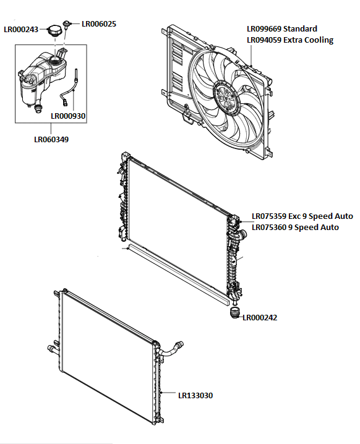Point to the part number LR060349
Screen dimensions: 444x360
pyautogui.click(x=51, y=140)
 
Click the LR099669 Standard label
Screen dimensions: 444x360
pyautogui.click(x=281, y=29)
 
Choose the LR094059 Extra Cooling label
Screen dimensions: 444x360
pyautogui.click(x=289, y=40)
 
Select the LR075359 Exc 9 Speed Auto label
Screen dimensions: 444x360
pyautogui.click(x=302, y=216)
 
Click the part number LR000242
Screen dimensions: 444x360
pyautogui.click(x=260, y=318)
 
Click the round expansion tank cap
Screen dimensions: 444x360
pyautogui.click(x=57, y=31)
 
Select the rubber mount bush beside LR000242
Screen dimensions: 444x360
pyautogui.click(x=234, y=315)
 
